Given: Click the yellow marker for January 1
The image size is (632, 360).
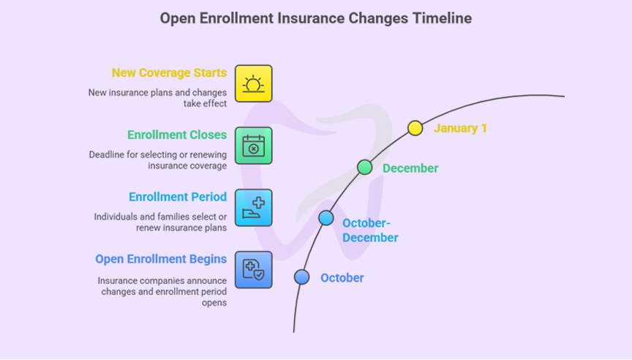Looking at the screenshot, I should (x=415, y=128).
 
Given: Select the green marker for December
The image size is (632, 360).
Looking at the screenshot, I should (x=364, y=168).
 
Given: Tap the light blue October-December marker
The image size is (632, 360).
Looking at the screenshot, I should (x=326, y=218).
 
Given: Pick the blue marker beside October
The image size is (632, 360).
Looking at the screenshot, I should (x=301, y=277).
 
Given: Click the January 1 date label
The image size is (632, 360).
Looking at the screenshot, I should (x=460, y=128).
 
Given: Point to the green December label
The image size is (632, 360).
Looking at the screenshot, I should (x=410, y=168).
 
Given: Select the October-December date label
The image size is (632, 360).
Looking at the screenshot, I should (x=370, y=230).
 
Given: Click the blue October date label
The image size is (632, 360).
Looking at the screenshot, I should (x=342, y=278).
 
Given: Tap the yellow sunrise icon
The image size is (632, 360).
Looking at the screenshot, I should (x=253, y=83).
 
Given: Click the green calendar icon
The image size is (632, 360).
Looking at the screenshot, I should (x=253, y=145).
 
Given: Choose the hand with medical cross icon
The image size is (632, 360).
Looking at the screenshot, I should (x=253, y=207).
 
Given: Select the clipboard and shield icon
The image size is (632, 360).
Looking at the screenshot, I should (x=253, y=269).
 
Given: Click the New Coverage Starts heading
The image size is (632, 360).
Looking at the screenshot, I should (x=169, y=73).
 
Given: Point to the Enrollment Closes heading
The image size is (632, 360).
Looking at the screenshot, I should (x=177, y=135).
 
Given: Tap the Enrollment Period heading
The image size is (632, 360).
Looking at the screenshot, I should (x=178, y=197).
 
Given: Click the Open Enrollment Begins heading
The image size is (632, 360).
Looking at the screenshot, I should (x=161, y=259).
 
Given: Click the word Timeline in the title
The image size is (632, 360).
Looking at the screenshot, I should (x=443, y=18).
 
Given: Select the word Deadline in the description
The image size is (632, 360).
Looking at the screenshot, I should (x=108, y=154).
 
